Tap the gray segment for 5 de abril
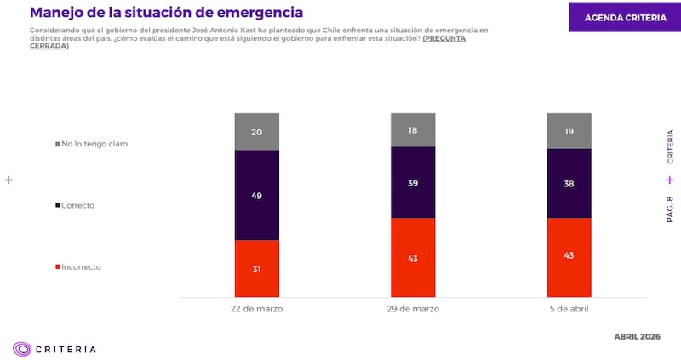click(x=569, y=131)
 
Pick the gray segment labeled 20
click(x=257, y=131)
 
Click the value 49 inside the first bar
click(x=257, y=195)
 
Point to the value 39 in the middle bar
click(x=413, y=182)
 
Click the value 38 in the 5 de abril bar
click(x=569, y=183)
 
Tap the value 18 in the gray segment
click(x=413, y=130)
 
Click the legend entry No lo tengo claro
click(x=94, y=144)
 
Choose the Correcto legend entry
click(x=77, y=205)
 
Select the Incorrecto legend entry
click(x=80, y=266)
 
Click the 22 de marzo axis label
click(x=257, y=309)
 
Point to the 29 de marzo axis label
click(x=413, y=309)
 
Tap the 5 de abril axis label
click(x=569, y=309)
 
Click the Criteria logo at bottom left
click(x=54, y=348)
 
